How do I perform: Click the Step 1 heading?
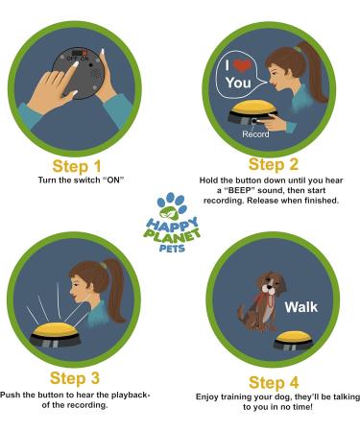coord(77,166)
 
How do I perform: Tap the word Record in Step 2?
coord(255,133)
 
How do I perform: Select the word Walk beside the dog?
coord(300,308)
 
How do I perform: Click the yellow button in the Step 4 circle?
coord(300,341)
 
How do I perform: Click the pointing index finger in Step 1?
coord(70,91)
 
